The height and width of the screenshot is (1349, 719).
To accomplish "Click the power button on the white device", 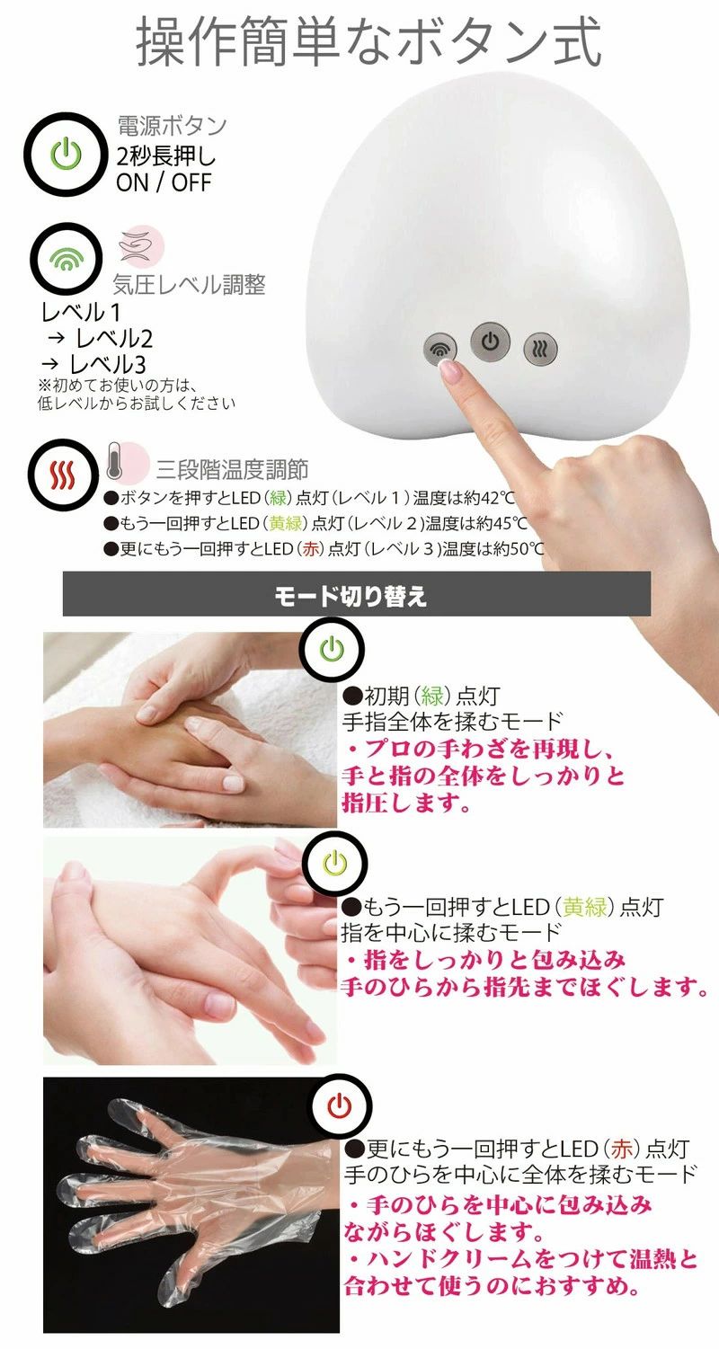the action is pyautogui.click(x=490, y=342).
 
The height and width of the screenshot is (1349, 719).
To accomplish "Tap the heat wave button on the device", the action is pyautogui.click(x=540, y=350).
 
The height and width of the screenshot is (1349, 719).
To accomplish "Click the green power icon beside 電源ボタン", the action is pyautogui.click(x=66, y=154).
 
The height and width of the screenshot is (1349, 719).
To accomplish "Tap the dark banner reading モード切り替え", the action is pyautogui.click(x=357, y=594).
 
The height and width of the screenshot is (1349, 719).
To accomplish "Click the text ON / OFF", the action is pyautogui.click(x=164, y=182).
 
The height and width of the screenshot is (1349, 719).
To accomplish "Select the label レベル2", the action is pyautogui.click(x=114, y=339).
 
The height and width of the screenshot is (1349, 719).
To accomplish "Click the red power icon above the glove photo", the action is pyautogui.click(x=341, y=1105).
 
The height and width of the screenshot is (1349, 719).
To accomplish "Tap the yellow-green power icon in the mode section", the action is pyautogui.click(x=335, y=863).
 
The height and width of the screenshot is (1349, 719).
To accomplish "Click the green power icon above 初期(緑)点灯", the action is pyautogui.click(x=332, y=649).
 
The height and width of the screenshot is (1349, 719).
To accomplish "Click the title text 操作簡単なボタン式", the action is pyautogui.click(x=368, y=41).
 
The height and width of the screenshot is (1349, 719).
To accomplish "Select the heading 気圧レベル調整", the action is pyautogui.click(x=189, y=285).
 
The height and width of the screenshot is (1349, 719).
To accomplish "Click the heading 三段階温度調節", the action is pyautogui.click(x=233, y=469).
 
